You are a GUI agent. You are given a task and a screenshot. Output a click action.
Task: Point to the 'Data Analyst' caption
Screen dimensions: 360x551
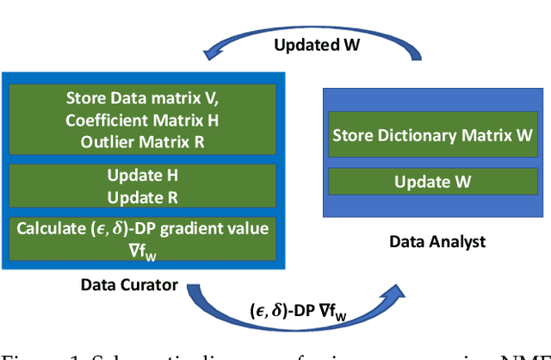[436, 241]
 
